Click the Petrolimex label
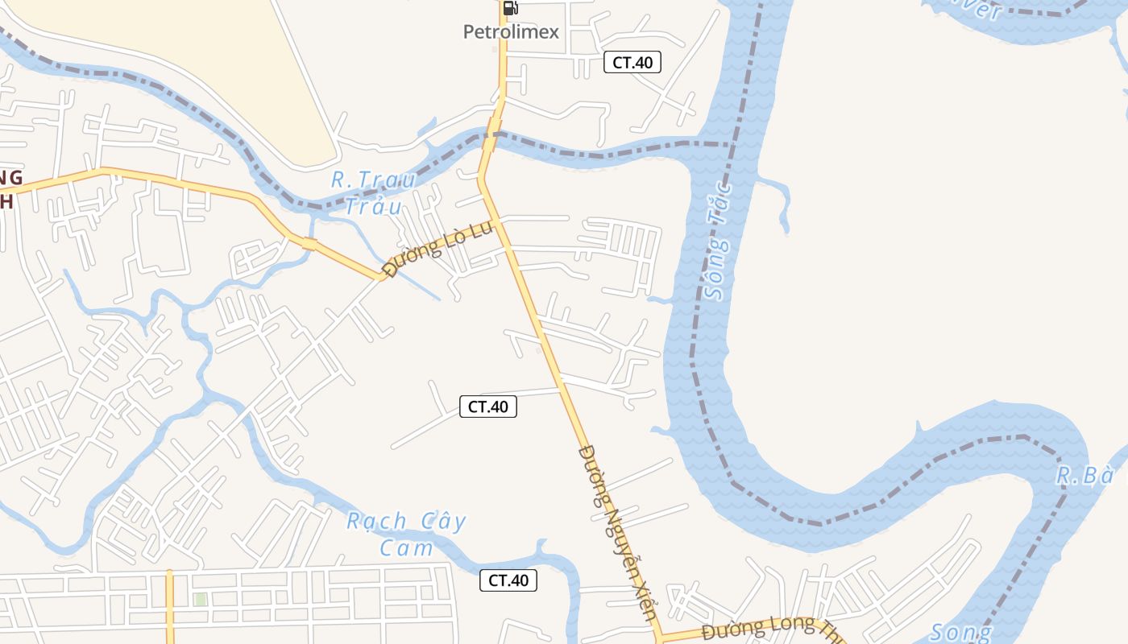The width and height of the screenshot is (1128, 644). coord(511,32)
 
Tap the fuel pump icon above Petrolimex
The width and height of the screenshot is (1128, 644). coord(510,9)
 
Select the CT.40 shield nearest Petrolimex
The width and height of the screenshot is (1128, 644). coord(632,62)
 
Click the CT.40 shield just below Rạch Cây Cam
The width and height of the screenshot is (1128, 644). coord(508,580)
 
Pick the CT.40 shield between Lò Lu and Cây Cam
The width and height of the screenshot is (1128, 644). coord(488,407)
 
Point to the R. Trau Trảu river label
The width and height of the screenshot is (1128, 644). coord(374,192)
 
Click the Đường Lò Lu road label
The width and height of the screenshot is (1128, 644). coord(438,249)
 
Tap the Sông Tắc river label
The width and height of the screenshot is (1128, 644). coord(717,242)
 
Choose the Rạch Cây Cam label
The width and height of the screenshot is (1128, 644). coord(406,534)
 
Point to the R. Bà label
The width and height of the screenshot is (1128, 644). coord(1084,476)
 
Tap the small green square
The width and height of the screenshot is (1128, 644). coord(201,599)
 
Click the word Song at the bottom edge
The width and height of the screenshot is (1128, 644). coord(960,633)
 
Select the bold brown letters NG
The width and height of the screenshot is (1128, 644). coord(10,177)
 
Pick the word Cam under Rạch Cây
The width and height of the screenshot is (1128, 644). coord(406,548)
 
